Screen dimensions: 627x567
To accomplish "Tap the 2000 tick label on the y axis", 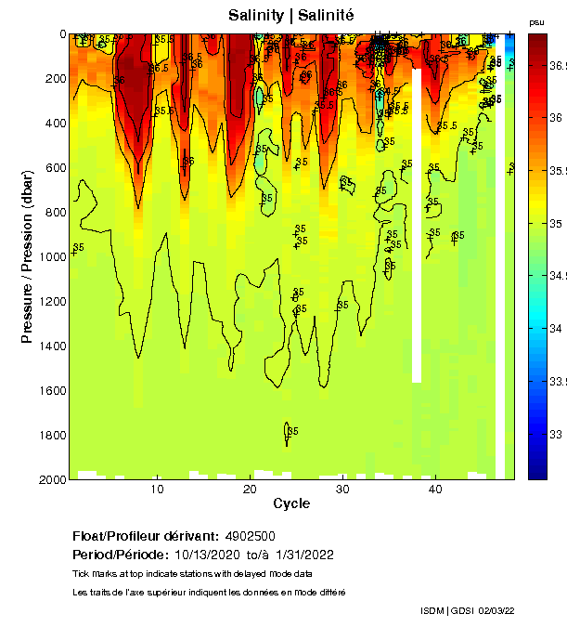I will pos(51,479).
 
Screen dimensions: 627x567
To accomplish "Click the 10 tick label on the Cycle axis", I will pos(158,489).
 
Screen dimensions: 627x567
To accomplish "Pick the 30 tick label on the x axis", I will pos(342,489).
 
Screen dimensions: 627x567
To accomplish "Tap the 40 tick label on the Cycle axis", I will pos(434,489).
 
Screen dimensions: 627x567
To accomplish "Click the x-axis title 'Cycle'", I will pos(291,503).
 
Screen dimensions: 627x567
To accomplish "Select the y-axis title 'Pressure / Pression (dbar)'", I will pos(27,257).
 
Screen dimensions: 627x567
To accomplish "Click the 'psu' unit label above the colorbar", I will pos(536,21).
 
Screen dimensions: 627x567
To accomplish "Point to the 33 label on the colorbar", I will pos(555,434).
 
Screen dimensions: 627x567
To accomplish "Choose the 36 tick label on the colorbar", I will pos(555,118).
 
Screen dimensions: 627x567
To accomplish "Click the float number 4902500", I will pos(251,536).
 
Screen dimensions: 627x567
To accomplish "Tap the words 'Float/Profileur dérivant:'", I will pos(145,536).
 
